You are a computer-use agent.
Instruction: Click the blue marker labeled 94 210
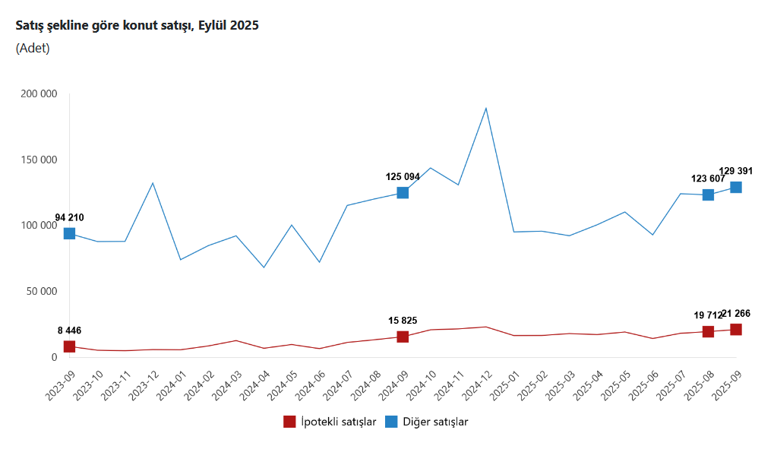(x=69, y=233)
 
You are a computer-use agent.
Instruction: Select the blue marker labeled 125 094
(x=403, y=193)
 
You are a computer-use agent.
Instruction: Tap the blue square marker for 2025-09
(x=736, y=188)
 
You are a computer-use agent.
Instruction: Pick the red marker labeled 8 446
(x=69, y=346)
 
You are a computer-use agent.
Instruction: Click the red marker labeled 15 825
(x=403, y=337)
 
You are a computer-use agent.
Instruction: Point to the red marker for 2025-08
(x=708, y=331)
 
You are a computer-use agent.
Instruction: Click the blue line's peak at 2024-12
(x=486, y=108)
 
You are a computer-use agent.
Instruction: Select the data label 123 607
(x=708, y=179)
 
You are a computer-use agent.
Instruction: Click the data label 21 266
(x=735, y=313)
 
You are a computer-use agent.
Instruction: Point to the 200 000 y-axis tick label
(x=38, y=94)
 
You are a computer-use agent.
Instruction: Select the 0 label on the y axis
(x=54, y=357)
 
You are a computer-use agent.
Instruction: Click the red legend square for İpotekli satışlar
(x=289, y=422)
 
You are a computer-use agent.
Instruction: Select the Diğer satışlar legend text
(x=435, y=422)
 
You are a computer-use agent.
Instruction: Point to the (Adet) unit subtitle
(x=33, y=48)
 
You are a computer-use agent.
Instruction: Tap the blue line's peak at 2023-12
(x=153, y=182)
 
